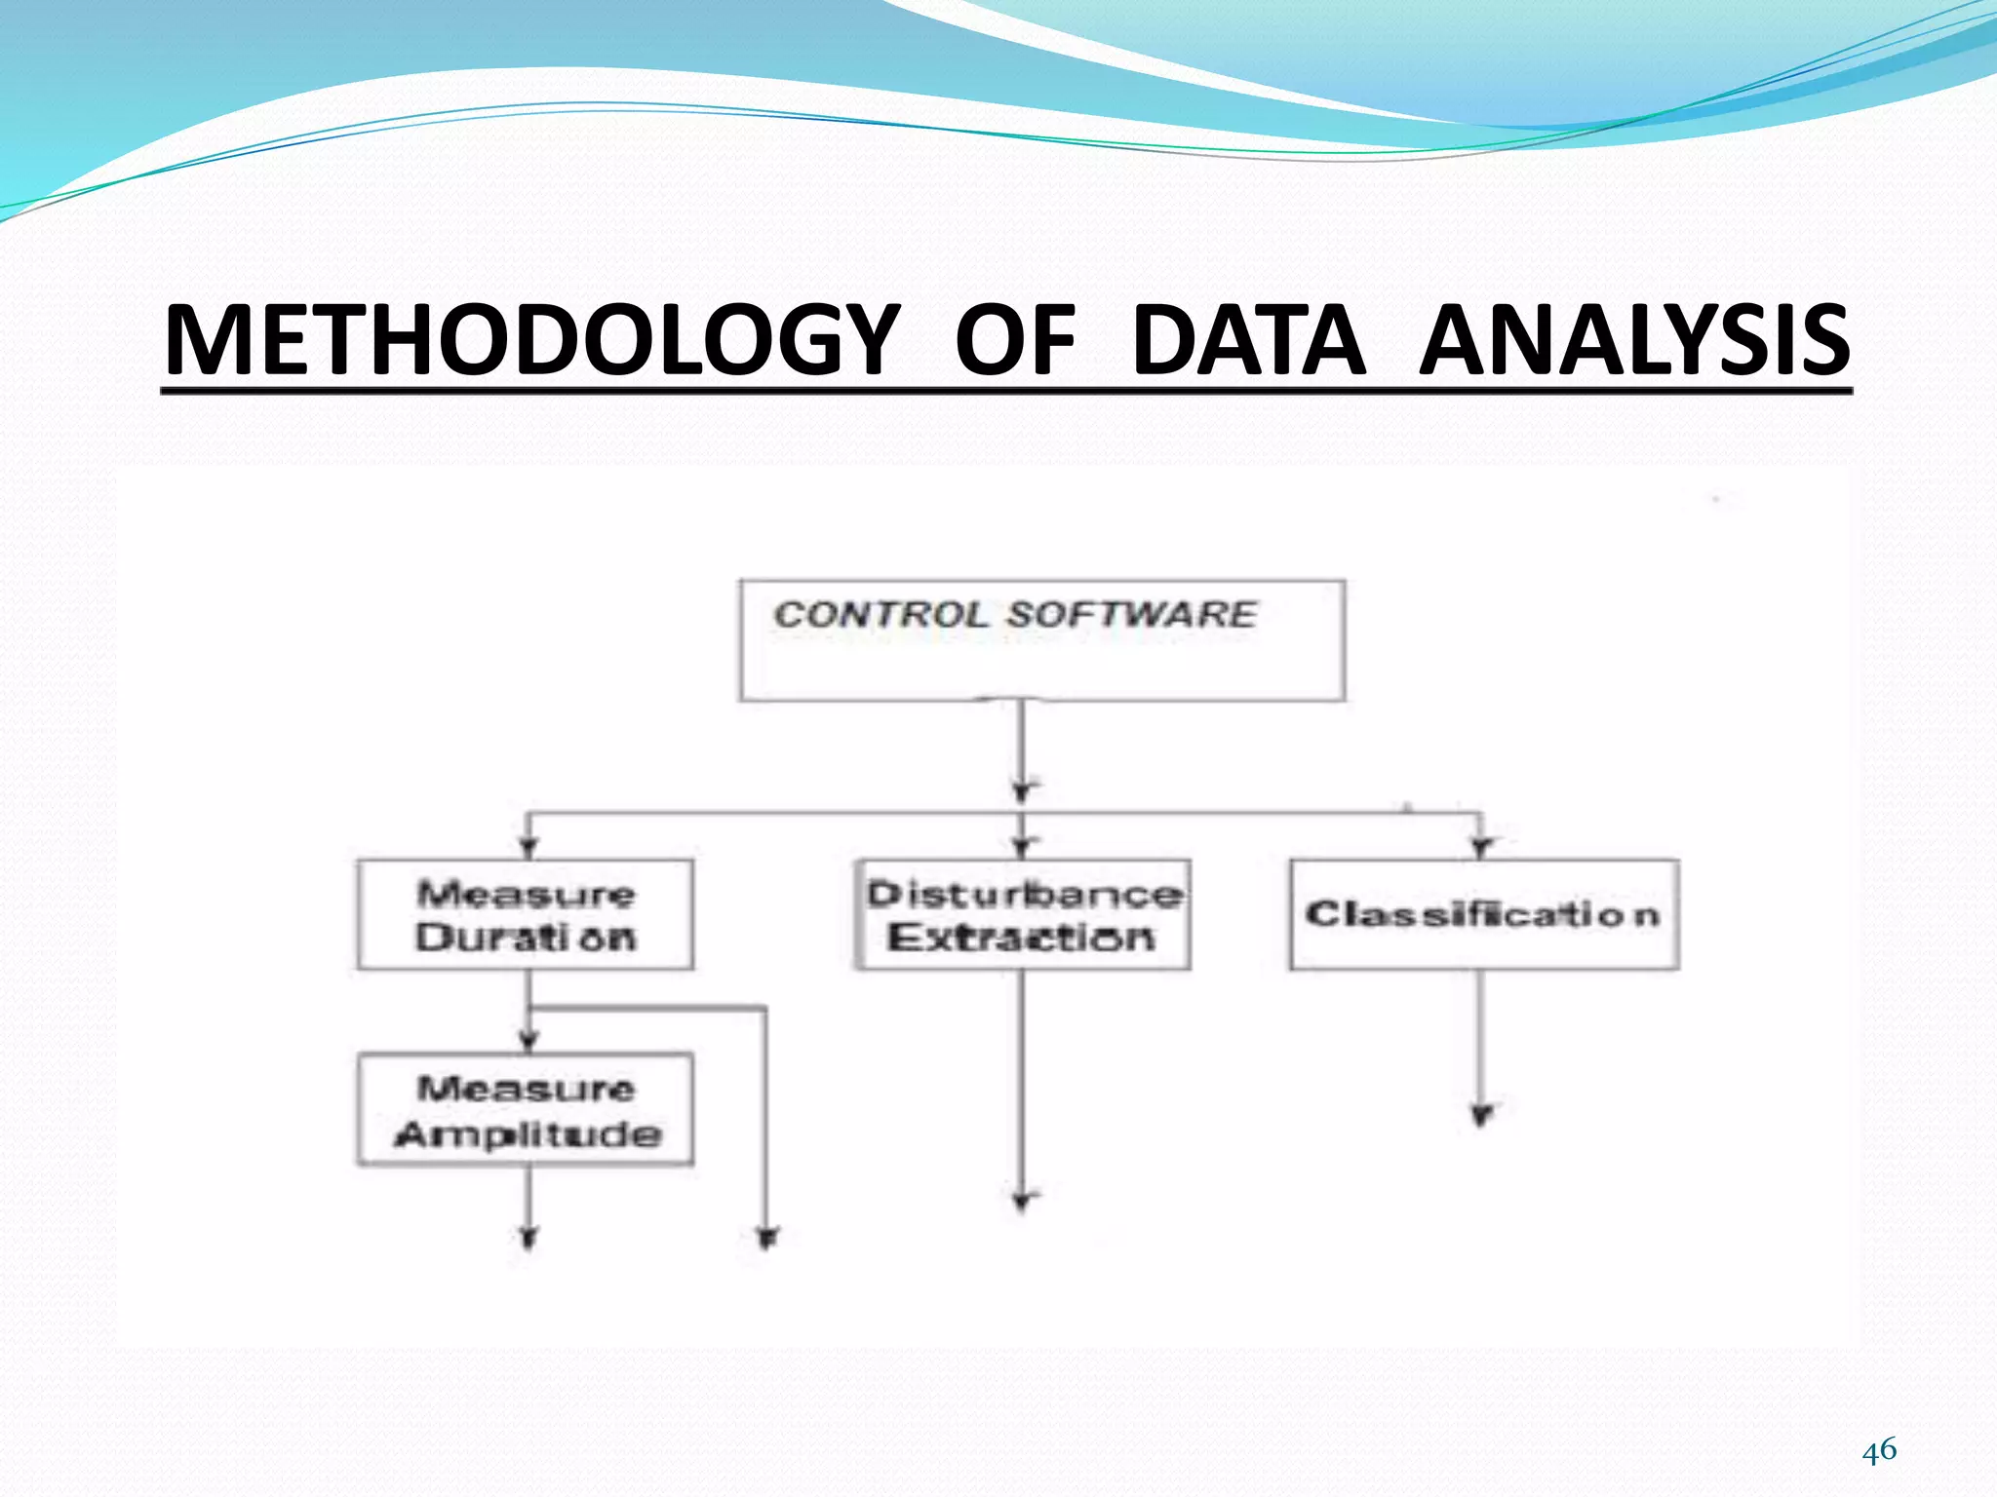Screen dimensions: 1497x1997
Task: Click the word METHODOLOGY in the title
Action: point(531,340)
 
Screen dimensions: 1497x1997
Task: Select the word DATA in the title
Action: point(1248,340)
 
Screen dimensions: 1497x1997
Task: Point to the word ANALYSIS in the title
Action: point(1634,340)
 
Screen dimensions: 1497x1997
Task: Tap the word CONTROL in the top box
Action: point(881,615)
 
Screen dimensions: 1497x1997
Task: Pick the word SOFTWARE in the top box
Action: point(1131,615)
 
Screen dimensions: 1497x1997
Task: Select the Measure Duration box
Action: point(526,914)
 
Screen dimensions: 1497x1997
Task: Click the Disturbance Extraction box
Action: point(1023,914)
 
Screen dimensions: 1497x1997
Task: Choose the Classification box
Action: point(1484,914)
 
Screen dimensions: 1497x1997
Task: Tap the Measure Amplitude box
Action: point(526,1109)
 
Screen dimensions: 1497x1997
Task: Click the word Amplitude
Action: point(528,1133)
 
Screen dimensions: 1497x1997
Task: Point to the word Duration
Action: point(526,938)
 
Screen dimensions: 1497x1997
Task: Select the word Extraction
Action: point(1021,938)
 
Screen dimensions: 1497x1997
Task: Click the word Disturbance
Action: point(1025,894)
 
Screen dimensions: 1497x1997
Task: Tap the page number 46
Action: point(1879,1450)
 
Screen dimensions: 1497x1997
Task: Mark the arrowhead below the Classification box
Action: point(1482,1115)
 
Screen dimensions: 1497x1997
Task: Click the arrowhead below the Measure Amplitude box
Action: point(529,1238)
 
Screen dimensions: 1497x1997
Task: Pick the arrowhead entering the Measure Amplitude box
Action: point(529,1042)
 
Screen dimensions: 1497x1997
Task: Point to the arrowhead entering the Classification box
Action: point(1482,847)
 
